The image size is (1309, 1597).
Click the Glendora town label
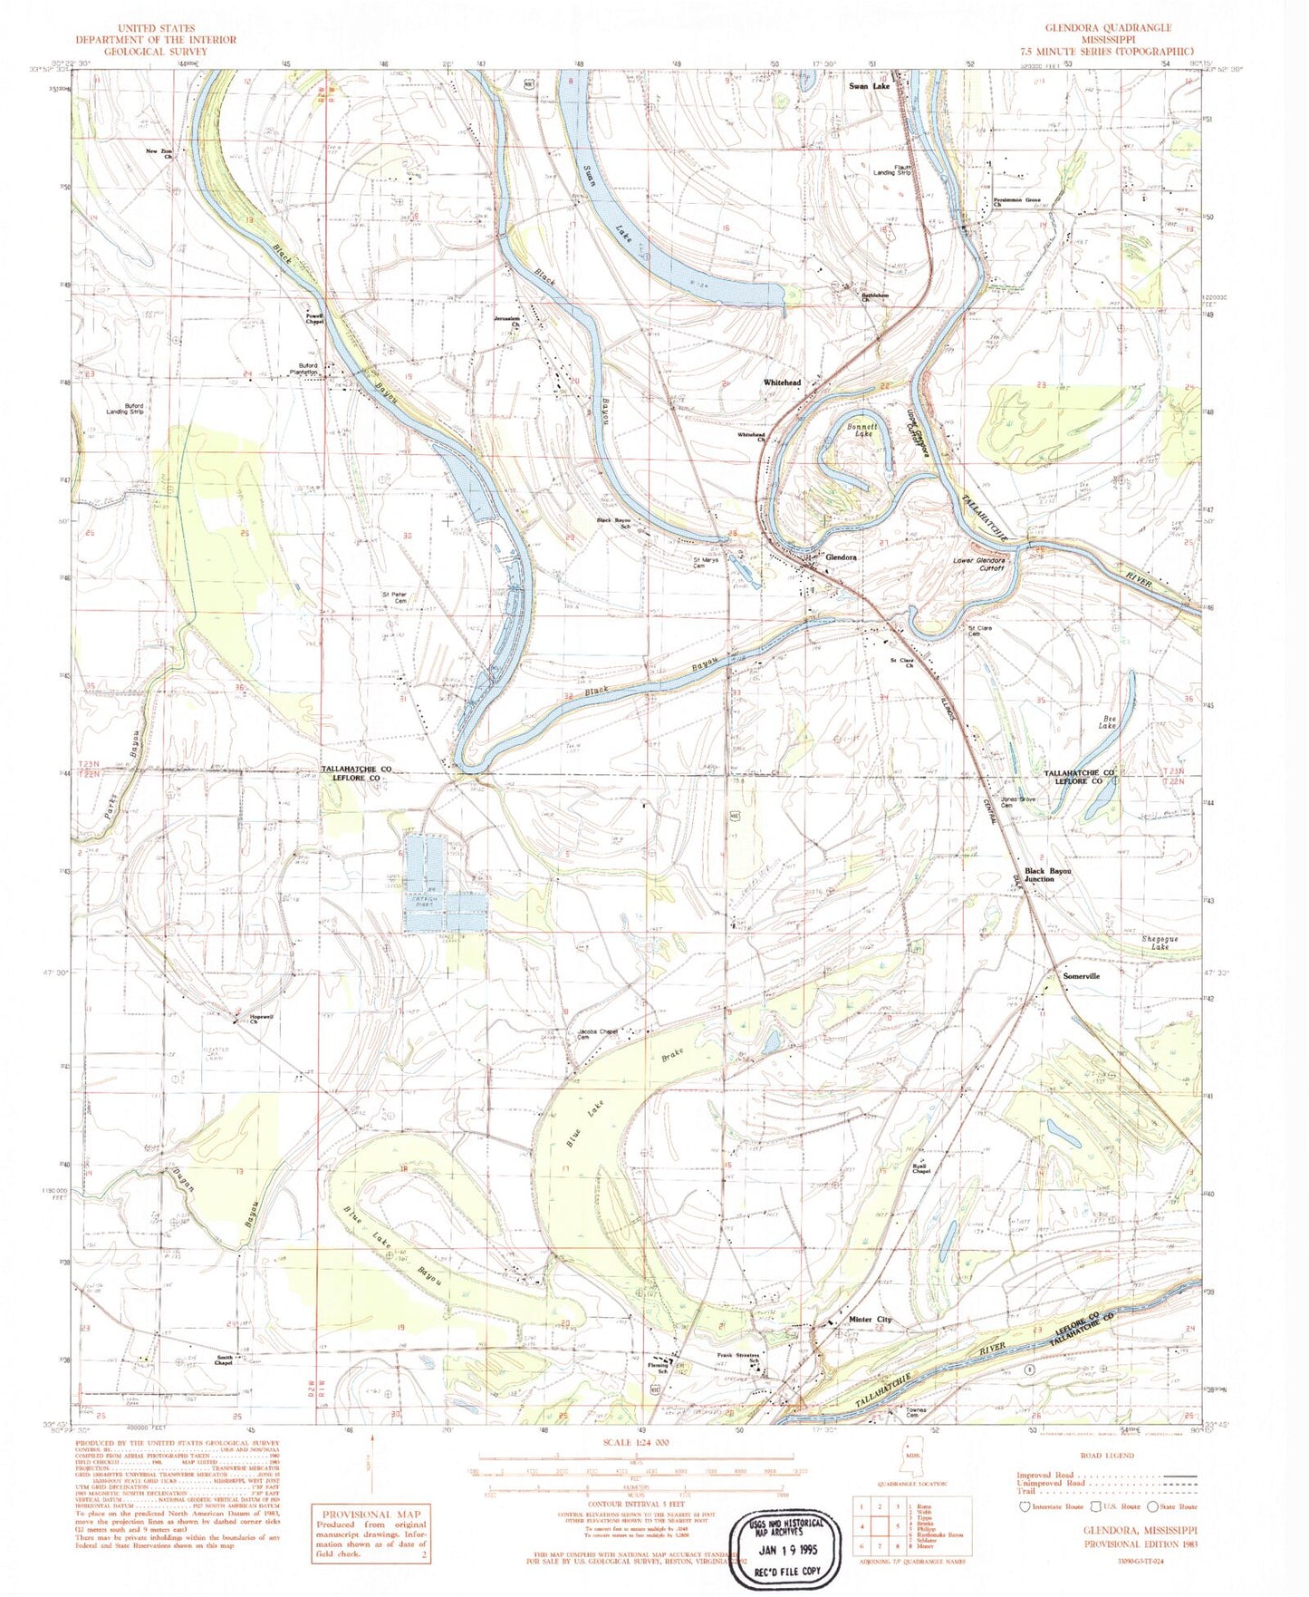841,557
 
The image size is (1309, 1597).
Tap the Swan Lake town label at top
869,86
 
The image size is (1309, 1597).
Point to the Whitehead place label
782,382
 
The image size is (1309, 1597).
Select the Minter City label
870,1319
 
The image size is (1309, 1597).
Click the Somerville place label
1081,976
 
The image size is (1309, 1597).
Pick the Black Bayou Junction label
1047,875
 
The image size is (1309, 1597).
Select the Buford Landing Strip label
124,409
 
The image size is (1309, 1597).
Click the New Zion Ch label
159,152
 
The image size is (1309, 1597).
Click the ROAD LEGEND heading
1107,1456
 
